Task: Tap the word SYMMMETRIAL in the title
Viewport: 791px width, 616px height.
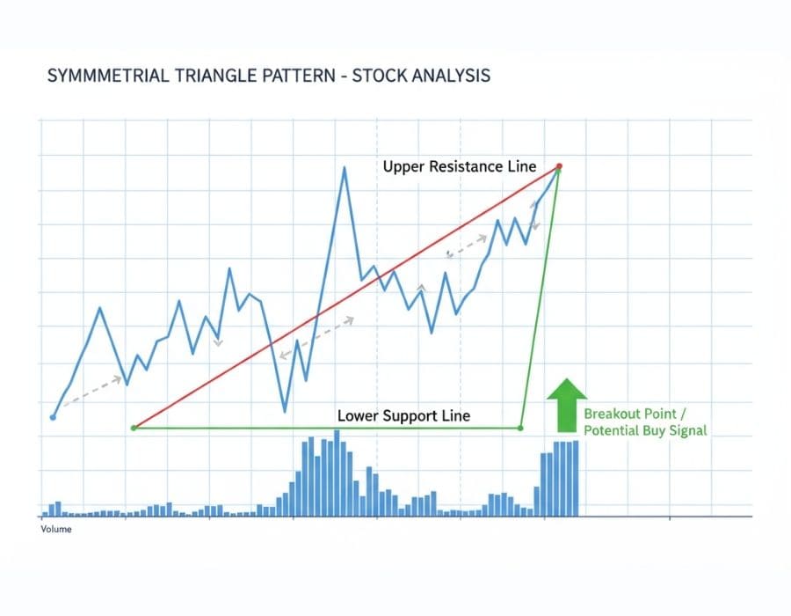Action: (97, 76)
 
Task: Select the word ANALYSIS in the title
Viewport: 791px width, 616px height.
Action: (443, 76)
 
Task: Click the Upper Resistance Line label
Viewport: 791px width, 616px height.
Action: (459, 166)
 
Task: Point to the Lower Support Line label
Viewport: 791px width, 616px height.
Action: (403, 415)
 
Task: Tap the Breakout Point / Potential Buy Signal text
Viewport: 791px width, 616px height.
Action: (645, 422)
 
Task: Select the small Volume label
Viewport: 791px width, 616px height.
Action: (56, 529)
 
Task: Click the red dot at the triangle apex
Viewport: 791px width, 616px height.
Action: (559, 166)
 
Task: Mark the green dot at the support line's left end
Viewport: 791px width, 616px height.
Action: (134, 428)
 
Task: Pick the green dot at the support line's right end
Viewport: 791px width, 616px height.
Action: (519, 428)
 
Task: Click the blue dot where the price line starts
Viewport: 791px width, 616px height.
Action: (54, 416)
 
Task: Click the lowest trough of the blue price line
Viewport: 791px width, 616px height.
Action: (285, 411)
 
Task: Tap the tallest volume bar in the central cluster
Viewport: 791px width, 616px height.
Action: (337, 473)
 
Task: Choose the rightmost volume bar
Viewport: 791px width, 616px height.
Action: (575, 478)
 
